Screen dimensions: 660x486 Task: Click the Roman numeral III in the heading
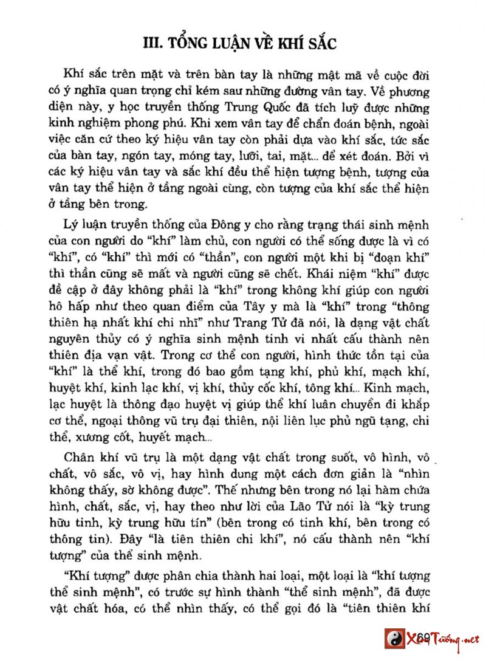pyautogui.click(x=150, y=43)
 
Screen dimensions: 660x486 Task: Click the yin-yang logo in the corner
pyautogui.click(x=397, y=639)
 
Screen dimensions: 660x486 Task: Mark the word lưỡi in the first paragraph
pyautogui.click(x=275, y=156)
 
